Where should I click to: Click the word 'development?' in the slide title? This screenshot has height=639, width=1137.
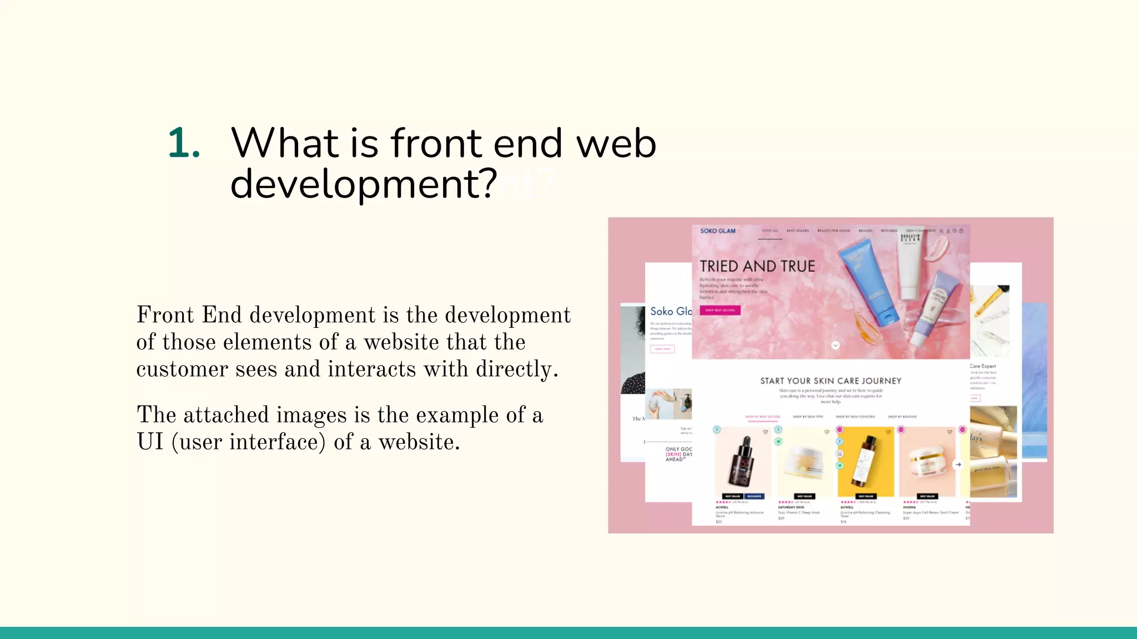point(364,184)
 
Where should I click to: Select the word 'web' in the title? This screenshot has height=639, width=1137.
point(616,143)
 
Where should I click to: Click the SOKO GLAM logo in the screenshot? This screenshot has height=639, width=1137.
point(717,231)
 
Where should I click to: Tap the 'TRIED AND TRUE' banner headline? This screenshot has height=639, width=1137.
point(757,266)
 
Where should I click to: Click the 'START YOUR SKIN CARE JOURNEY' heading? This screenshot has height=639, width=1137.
point(831,381)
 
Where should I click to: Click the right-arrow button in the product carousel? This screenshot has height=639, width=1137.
point(958,464)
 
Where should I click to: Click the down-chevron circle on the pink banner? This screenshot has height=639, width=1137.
point(835,345)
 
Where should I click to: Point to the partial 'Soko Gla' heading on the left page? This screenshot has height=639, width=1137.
point(671,311)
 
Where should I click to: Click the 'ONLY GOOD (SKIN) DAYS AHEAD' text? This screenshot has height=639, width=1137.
point(678,454)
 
